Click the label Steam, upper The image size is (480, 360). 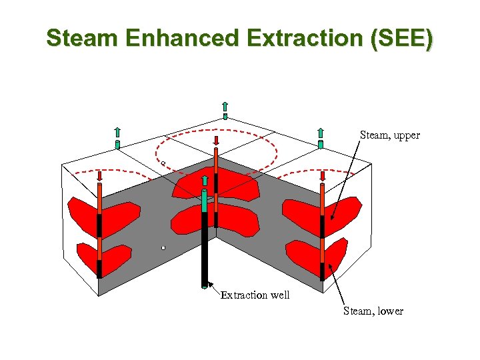point(390,135)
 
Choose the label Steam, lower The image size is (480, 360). point(373,311)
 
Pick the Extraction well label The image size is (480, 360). point(255,295)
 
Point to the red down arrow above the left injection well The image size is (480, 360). point(99,177)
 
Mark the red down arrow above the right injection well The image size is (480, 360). point(323,177)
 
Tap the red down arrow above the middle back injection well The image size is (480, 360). point(216,141)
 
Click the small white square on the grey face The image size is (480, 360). point(163,248)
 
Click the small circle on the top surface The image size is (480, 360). point(163,162)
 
